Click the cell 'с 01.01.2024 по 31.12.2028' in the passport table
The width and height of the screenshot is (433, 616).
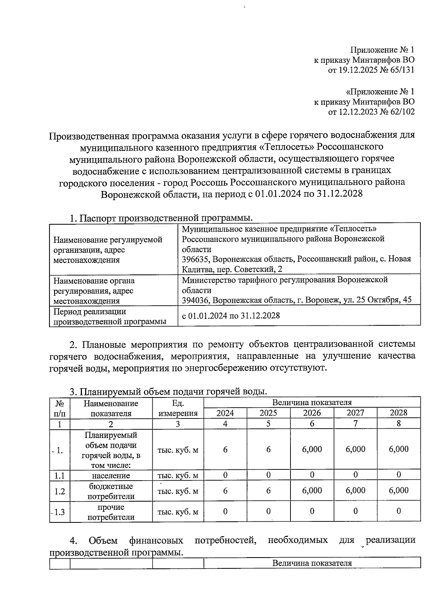click(x=231, y=316)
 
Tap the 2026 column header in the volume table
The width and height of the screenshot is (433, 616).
click(x=312, y=413)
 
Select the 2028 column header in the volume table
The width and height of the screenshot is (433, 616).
click(x=398, y=413)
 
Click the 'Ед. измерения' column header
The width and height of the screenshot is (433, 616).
click(x=178, y=408)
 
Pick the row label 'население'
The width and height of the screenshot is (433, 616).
click(x=111, y=476)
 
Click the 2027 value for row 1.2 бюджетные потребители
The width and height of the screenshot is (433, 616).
click(x=355, y=491)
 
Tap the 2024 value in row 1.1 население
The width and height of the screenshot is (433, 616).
click(x=225, y=475)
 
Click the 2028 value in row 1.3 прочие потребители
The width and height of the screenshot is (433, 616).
click(x=398, y=511)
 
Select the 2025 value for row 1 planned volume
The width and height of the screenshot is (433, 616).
click(x=268, y=450)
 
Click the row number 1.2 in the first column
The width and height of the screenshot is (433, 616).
click(x=60, y=491)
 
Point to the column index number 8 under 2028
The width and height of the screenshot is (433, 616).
click(x=398, y=424)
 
